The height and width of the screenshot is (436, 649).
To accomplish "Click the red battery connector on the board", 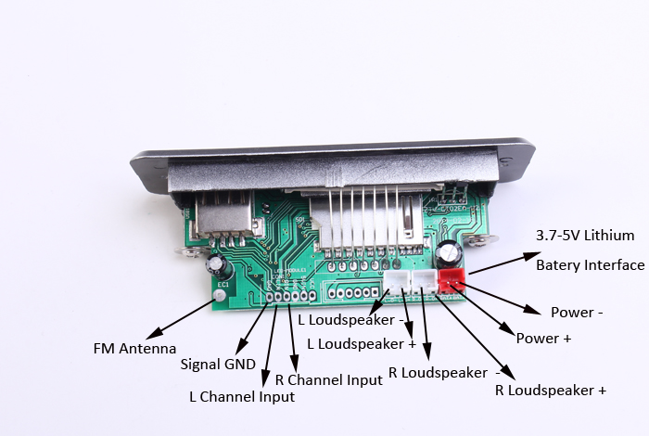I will point(452,278).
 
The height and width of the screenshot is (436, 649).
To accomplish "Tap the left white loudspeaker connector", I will point(396,282).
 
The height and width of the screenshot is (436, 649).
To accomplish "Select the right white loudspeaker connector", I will point(425,280).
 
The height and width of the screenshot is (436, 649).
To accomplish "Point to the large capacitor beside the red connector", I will point(450,252).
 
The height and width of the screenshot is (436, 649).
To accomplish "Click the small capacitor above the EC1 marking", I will point(218,268).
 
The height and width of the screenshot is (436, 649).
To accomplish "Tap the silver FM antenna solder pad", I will point(220,296).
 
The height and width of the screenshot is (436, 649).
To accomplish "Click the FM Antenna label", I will point(134,349).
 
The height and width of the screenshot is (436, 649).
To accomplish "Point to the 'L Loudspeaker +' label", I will point(362,343).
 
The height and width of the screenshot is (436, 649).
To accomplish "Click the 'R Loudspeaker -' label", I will point(438,372).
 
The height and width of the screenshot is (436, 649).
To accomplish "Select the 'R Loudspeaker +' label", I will point(551,391).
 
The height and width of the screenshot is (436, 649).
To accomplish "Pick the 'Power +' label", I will point(543,339).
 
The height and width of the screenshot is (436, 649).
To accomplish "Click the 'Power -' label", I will point(577,313).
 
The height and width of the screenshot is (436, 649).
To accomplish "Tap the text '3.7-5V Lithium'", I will point(585,235).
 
